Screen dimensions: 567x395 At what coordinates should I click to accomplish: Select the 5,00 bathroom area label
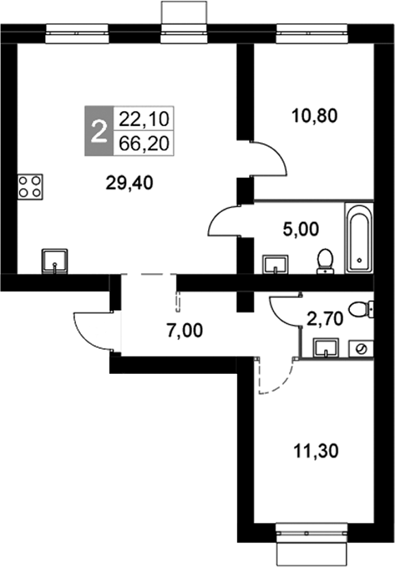tap(302, 229)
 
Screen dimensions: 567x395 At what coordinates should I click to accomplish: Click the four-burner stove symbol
tap(29, 186)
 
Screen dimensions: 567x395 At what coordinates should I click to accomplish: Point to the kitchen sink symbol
tap(55, 261)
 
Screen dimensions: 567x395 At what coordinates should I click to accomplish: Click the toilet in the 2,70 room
tap(360, 311)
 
